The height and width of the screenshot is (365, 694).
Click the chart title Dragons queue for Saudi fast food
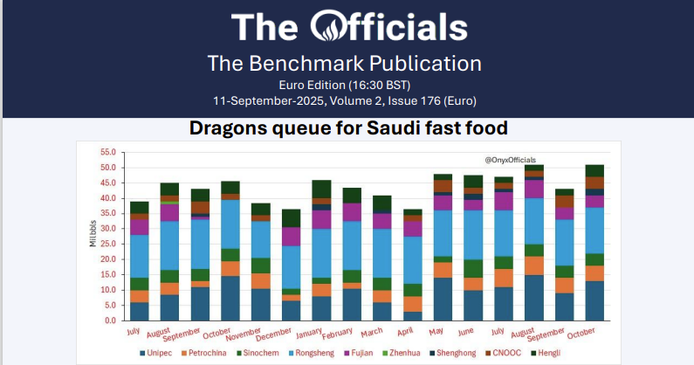point(348,128)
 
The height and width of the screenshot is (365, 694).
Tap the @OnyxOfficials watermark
point(512,160)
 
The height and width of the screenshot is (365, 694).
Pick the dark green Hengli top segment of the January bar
point(322,189)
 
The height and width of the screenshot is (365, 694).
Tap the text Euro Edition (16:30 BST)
point(345,85)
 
